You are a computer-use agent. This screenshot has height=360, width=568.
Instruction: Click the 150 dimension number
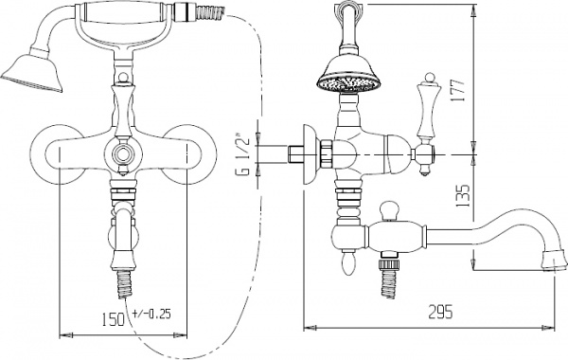[112, 319]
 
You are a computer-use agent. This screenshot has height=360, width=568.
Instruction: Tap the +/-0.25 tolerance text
[151, 314]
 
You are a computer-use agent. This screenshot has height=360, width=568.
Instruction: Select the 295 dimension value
[440, 312]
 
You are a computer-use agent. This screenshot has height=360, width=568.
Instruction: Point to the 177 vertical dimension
[458, 90]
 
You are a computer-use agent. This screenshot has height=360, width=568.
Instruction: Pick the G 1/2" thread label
[244, 156]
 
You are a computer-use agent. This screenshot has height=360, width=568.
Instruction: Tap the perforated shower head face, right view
[349, 84]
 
